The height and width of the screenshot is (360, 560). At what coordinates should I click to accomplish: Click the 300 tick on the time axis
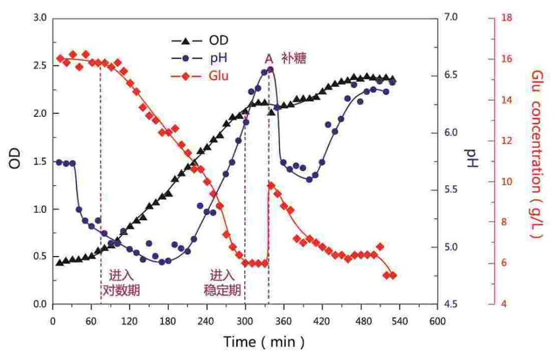coord(245,320)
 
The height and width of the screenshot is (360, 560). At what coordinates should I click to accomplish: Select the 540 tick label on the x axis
coord(399,320)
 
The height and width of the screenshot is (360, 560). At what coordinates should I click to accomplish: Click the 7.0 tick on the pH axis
coord(451,18)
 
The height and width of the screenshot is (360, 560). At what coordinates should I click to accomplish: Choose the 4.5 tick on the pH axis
coord(451,304)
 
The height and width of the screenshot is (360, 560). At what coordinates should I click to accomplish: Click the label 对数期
coord(121,290)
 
